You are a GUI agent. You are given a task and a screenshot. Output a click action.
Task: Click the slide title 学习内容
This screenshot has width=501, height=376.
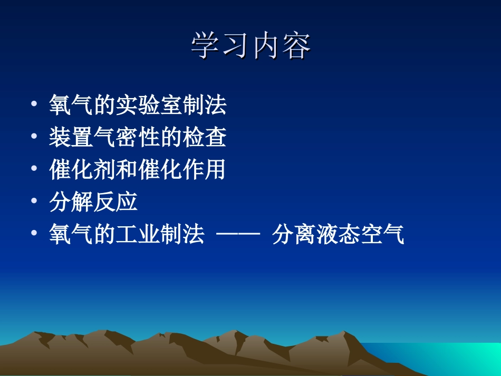[250, 46]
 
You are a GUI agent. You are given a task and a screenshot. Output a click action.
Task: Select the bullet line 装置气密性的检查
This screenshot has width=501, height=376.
[138, 137]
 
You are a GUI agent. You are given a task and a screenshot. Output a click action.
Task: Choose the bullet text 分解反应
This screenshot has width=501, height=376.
[93, 202]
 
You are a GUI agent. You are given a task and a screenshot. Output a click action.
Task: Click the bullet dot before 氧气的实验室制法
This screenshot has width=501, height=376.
[35, 105]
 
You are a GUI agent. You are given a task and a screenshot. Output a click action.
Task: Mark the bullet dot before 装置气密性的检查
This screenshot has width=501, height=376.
[35, 137]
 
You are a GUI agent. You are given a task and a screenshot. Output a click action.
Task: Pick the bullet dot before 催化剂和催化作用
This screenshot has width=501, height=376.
[35, 170]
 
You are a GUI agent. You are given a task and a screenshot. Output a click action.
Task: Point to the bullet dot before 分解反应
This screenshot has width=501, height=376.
[35, 202]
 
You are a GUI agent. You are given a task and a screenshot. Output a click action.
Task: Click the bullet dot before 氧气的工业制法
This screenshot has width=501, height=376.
[35, 235]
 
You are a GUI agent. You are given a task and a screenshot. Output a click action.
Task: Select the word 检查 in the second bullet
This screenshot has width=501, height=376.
[205, 137]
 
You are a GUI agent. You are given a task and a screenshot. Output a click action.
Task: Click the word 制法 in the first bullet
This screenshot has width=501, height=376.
[205, 105]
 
